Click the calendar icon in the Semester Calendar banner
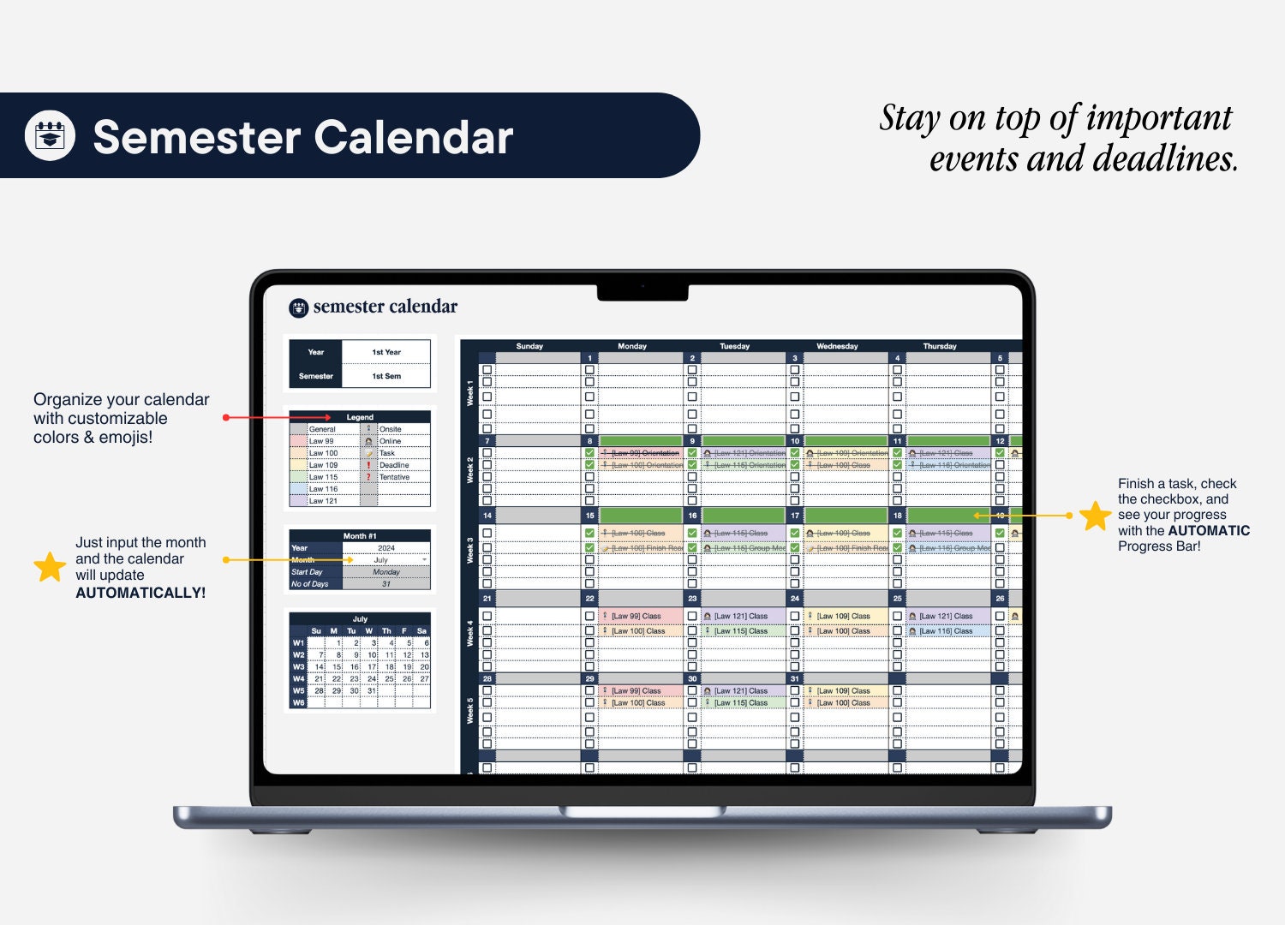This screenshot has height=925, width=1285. [50, 135]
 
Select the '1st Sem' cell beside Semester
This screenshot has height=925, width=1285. [386, 376]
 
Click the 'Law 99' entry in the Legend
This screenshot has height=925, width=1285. [322, 441]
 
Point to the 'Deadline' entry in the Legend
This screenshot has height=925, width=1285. [394, 465]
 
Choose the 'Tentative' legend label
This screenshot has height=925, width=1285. [394, 477]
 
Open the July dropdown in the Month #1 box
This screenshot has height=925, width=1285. [423, 559]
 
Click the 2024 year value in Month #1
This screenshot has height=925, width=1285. [386, 548]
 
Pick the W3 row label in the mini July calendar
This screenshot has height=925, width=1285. [298, 666]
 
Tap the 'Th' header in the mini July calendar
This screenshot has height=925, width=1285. [386, 631]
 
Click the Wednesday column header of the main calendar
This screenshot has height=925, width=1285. [837, 346]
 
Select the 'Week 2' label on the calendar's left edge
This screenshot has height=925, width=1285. [469, 470]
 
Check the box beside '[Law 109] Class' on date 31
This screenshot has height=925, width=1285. [795, 690]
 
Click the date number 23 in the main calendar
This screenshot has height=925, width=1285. [692, 598]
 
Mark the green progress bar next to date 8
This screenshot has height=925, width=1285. [641, 441]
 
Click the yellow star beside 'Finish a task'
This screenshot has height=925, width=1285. [1095, 516]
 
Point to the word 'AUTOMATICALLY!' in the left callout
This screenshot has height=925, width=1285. [140, 593]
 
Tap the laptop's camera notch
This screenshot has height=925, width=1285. [642, 292]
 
